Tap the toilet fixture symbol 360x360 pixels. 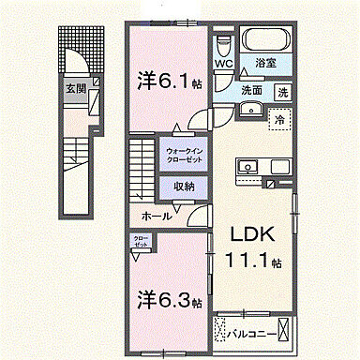coord(223,46)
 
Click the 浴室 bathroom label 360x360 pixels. coord(267,64)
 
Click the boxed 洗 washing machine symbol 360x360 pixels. coord(281,92)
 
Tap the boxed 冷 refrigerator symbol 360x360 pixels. coord(277,119)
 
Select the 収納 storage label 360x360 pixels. coord(182,186)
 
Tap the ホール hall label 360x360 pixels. coord(156,216)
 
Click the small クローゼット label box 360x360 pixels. coord(141,241)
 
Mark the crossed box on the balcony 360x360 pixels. coord(284,332)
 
